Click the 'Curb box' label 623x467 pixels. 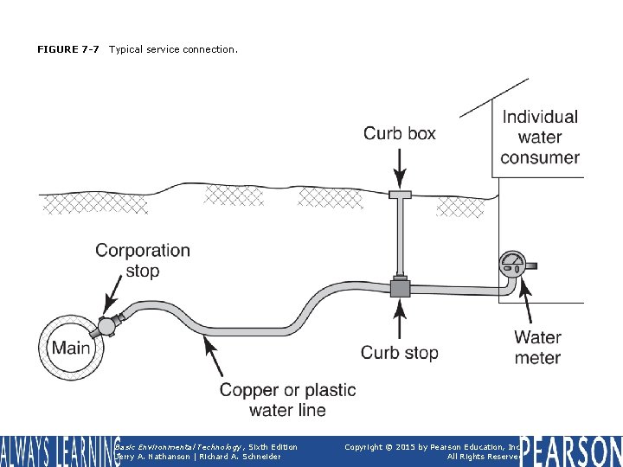pyautogui.click(x=399, y=133)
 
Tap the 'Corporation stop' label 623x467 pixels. pyautogui.click(x=143, y=260)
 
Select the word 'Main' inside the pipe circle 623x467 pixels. pyautogui.click(x=70, y=348)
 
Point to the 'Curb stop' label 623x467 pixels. pyautogui.click(x=399, y=352)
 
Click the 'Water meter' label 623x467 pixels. pyautogui.click(x=537, y=348)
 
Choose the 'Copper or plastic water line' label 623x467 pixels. pyautogui.click(x=287, y=400)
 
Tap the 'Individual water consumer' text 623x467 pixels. pyautogui.click(x=540, y=137)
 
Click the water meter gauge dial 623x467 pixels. pyautogui.click(x=512, y=263)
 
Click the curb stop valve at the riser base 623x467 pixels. pyautogui.click(x=399, y=287)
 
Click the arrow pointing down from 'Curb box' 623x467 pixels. pyautogui.click(x=399, y=165)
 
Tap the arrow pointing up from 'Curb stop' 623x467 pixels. pyautogui.click(x=399, y=319)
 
